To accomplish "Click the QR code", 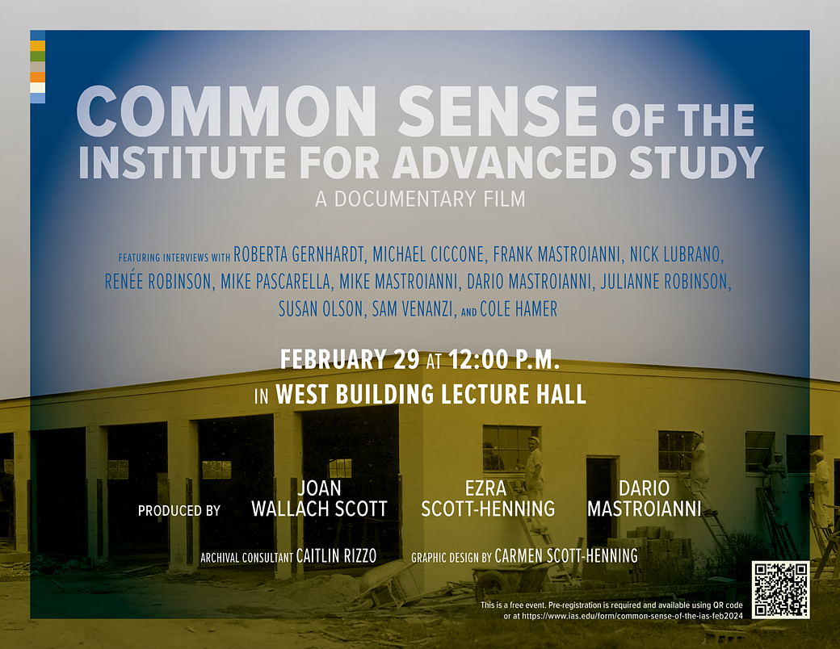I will [x=780, y=589].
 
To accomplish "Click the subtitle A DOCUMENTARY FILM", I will [x=420, y=199].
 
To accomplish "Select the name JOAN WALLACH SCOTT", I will [x=319, y=499].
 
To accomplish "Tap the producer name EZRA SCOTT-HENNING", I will [x=488, y=499].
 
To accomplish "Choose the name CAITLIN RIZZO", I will [x=336, y=556].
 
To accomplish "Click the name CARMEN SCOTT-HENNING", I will [x=565, y=556].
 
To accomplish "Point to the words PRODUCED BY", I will [x=179, y=510].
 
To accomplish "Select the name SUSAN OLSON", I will [x=321, y=308].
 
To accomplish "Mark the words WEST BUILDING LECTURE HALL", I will [x=430, y=395].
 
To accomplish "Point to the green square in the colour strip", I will [x=37, y=57].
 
